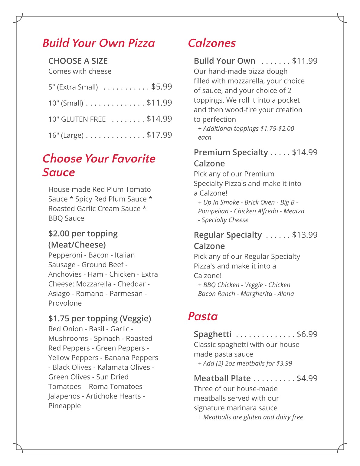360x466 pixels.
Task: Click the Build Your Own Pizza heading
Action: click(x=99, y=43)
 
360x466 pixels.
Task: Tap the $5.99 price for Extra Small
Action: click(x=162, y=87)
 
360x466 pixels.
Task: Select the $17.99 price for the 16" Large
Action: click(x=159, y=135)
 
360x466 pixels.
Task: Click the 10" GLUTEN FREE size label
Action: click(x=77, y=119)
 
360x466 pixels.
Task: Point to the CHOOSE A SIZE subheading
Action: click(x=78, y=61)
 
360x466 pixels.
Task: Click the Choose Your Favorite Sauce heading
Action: click(x=99, y=165)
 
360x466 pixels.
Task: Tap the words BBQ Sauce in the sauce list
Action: click(x=66, y=218)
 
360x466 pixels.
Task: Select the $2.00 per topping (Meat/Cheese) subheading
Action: click(x=83, y=239)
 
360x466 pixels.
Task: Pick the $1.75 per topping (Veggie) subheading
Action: click(x=100, y=318)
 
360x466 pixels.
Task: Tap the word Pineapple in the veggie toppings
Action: click(x=64, y=406)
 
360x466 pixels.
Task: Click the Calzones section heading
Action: click(x=212, y=43)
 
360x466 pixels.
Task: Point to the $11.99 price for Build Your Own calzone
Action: click(x=305, y=61)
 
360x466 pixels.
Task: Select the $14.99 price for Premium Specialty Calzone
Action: click(x=305, y=152)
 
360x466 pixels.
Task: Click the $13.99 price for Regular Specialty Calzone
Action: click(x=305, y=235)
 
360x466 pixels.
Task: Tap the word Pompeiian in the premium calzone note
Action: click(x=213, y=211)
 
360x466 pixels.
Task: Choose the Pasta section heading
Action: click(x=203, y=316)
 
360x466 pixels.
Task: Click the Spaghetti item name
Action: click(x=212, y=334)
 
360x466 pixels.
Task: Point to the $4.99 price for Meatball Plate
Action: click(x=307, y=378)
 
